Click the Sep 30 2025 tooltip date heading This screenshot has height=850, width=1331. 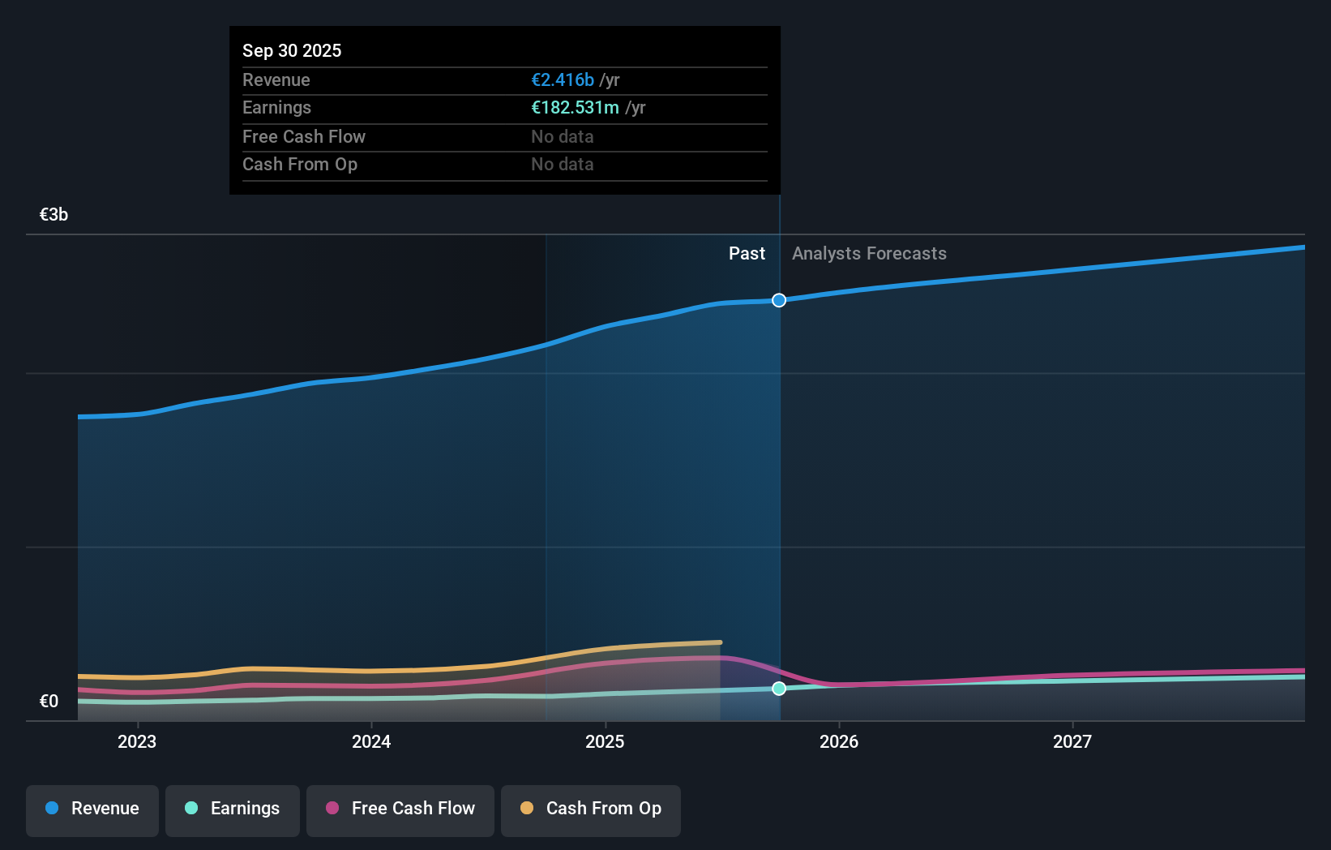coord(292,50)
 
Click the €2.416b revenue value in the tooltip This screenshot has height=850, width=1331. coord(563,79)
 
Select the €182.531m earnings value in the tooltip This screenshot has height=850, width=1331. coord(575,108)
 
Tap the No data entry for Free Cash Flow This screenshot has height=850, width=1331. coord(562,136)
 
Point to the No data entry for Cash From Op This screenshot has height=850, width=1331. coord(562,164)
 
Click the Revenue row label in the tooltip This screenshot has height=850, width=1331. coord(276,79)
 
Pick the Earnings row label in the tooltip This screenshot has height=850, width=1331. coord(276,108)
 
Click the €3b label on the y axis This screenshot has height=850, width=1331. coord(53,214)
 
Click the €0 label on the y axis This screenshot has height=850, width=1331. coord(49,701)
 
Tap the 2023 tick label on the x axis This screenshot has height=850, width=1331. coord(137,741)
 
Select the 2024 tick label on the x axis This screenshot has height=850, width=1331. coord(371,741)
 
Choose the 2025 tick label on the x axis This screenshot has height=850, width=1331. coord(605,741)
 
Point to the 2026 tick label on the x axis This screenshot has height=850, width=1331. coord(839,741)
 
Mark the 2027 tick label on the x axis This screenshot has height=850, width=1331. coord(1072,741)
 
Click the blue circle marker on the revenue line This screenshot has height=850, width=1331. coord(779,300)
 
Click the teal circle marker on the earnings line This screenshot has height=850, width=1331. coord(779,689)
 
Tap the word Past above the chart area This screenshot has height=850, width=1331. coord(747,253)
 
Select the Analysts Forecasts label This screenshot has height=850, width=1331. coord(869,253)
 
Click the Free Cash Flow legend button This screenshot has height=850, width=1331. coord(400,809)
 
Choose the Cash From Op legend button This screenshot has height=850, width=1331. coord(591,809)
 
